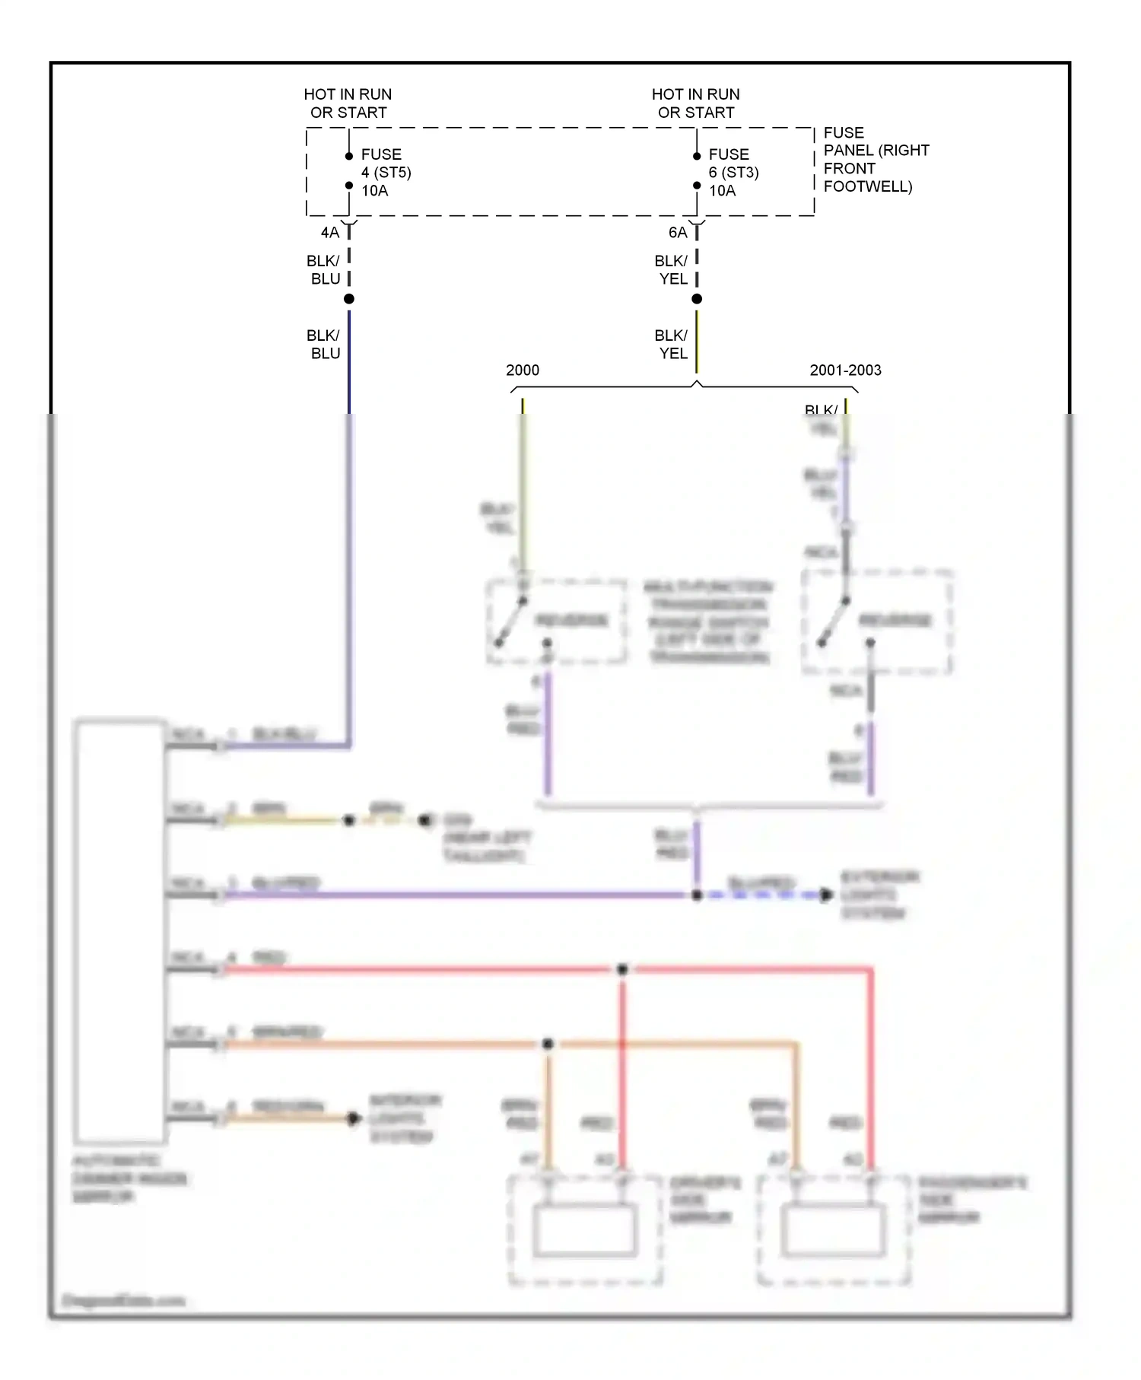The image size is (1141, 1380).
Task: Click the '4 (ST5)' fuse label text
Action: click(386, 173)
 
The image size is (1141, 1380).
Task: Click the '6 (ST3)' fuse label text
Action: click(733, 173)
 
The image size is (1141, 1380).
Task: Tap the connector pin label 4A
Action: click(329, 233)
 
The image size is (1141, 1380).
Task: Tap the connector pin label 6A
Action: click(677, 233)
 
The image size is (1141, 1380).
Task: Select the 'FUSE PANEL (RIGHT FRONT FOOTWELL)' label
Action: click(875, 160)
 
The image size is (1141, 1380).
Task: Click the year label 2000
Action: click(522, 370)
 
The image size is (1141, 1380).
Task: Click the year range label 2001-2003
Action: click(845, 370)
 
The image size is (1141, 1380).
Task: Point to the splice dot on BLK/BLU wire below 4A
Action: click(349, 299)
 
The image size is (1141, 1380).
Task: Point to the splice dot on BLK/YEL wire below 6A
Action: click(697, 299)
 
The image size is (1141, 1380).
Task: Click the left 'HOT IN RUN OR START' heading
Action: click(348, 103)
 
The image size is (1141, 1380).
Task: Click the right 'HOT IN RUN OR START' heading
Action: click(695, 103)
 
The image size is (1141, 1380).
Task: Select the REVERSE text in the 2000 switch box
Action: click(572, 621)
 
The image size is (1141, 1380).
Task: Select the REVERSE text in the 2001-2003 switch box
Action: click(895, 621)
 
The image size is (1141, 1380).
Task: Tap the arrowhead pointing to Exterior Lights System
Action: click(826, 895)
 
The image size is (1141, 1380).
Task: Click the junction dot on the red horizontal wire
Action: click(622, 969)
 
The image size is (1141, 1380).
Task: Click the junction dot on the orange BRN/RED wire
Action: click(548, 1044)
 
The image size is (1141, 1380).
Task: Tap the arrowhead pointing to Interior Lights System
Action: click(354, 1118)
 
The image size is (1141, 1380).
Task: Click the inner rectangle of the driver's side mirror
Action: click(584, 1230)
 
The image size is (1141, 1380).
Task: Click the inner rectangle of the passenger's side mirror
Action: click(834, 1230)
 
